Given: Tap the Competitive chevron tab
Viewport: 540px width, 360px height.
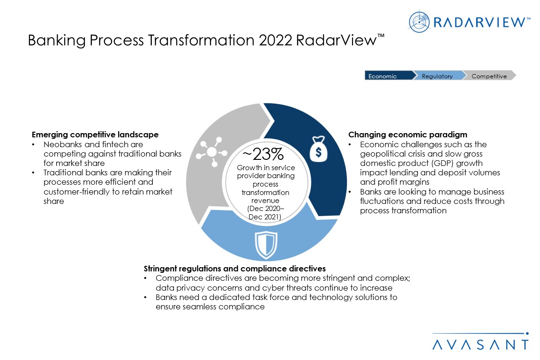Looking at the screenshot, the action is tap(489, 75).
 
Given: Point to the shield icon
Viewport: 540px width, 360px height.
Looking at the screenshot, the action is tap(266, 245).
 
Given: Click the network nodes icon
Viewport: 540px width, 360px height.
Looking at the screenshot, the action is tap(211, 152).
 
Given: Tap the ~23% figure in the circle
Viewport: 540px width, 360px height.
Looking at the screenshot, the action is tap(263, 154).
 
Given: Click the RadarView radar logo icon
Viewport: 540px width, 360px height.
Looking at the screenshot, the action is tap(419, 22).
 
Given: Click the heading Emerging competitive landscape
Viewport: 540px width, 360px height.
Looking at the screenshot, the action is tap(95, 135).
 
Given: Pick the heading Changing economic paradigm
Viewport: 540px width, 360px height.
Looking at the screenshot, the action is tap(408, 135).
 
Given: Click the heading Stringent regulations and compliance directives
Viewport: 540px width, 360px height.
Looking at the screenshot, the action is tap(234, 269).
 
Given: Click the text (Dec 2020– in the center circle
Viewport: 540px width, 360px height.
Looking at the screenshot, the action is tap(265, 209).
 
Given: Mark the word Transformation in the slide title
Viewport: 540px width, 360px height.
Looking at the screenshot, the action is tap(202, 40).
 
